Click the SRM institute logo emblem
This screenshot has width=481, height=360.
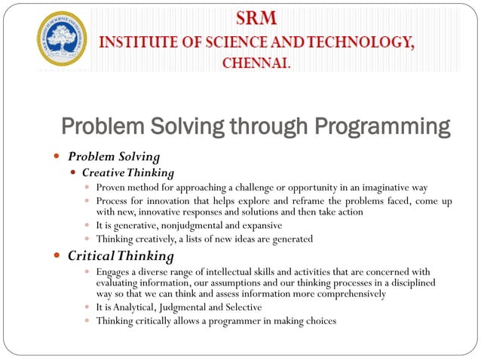[x=63, y=38]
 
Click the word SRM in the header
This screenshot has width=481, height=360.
[x=257, y=17]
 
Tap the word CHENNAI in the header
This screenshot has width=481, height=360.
[x=256, y=63]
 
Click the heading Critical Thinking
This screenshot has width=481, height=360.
[x=115, y=256]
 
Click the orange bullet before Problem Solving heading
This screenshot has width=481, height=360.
[x=57, y=157]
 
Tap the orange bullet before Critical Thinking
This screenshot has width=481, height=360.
[x=57, y=256]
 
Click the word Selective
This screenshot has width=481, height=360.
[x=239, y=307]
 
